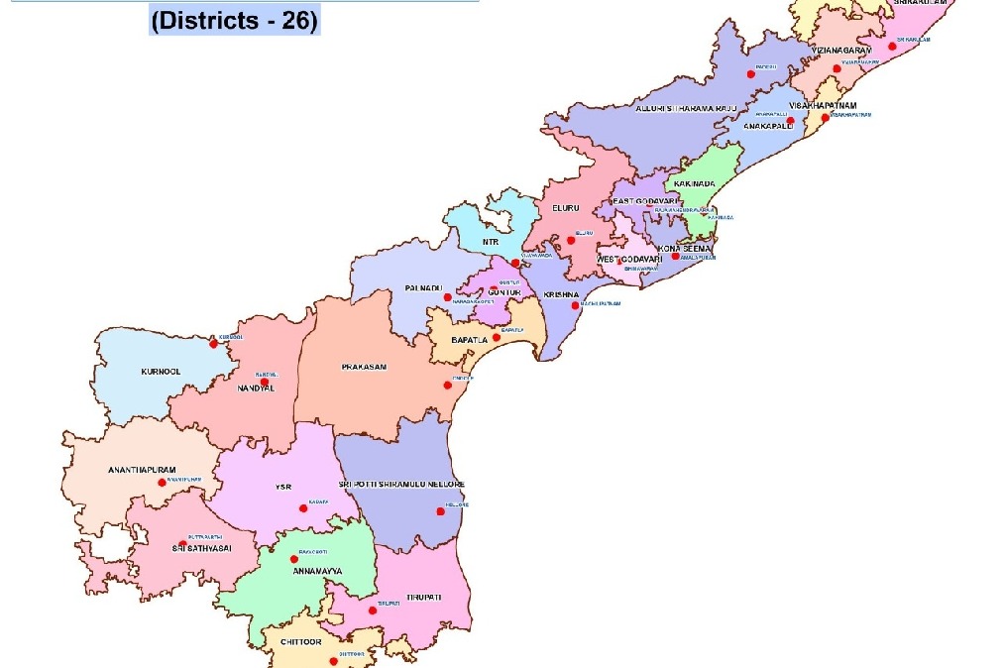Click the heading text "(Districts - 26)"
click(234, 20)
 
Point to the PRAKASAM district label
click(364, 367)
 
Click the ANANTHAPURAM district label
click(142, 470)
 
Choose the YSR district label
click(282, 487)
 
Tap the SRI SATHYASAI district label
click(201, 547)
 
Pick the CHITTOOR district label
click(301, 642)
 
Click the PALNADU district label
click(422, 287)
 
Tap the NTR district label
click(491, 242)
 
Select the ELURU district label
click(565, 208)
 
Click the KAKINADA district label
click(694, 183)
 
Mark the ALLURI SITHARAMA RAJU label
click(687, 108)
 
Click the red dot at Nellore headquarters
click(440, 512)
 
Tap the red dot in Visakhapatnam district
click(825, 117)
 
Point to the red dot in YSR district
click(303, 509)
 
